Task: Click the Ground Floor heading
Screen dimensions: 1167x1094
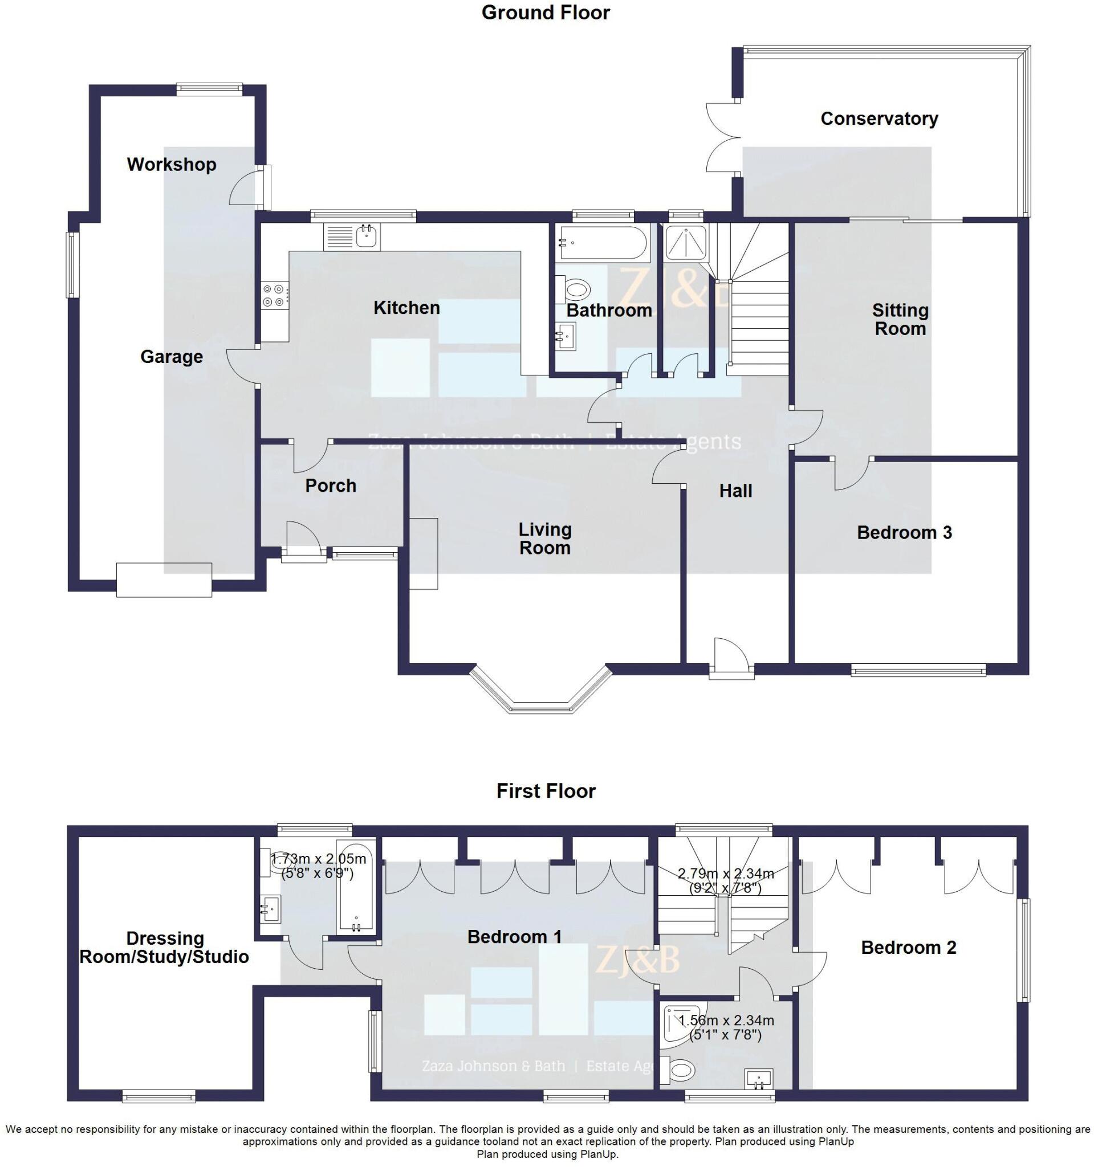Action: pyautogui.click(x=545, y=13)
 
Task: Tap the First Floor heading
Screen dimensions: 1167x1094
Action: pyautogui.click(x=546, y=791)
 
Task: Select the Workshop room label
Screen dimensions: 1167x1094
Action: pyautogui.click(x=172, y=164)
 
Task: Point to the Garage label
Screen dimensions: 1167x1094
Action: pyautogui.click(x=172, y=356)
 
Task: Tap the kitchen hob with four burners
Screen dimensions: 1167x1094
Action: pyautogui.click(x=275, y=295)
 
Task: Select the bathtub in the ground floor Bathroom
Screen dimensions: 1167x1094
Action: pyautogui.click(x=604, y=243)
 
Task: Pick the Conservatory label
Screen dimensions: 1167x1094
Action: pyautogui.click(x=879, y=119)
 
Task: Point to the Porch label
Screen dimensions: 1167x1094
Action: pyautogui.click(x=331, y=485)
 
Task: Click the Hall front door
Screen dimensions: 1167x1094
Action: pyautogui.click(x=730, y=659)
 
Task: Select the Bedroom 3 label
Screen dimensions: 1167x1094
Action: pyautogui.click(x=904, y=532)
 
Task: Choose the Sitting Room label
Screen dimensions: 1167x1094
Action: pyautogui.click(x=900, y=319)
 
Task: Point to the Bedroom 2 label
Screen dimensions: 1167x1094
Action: pyautogui.click(x=908, y=947)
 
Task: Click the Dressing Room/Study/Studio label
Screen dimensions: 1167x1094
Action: pyautogui.click(x=164, y=948)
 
